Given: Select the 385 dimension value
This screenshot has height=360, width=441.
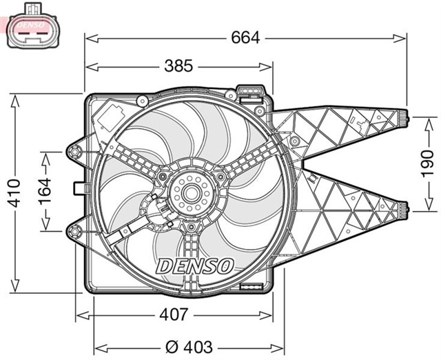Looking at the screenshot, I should [178, 66].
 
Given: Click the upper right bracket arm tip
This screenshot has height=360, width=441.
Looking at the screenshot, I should [406, 119].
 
